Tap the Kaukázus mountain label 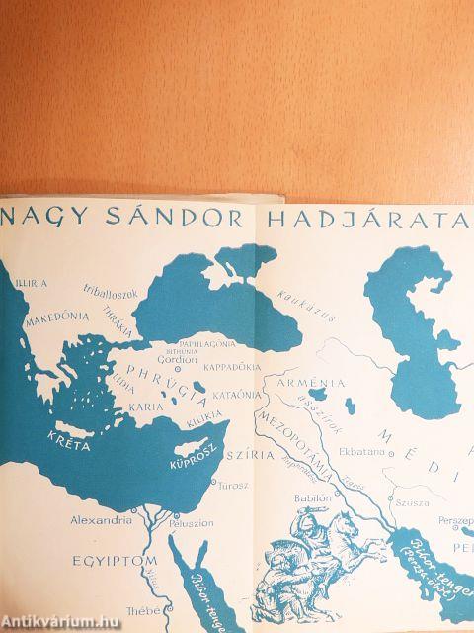coord(299,295)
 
